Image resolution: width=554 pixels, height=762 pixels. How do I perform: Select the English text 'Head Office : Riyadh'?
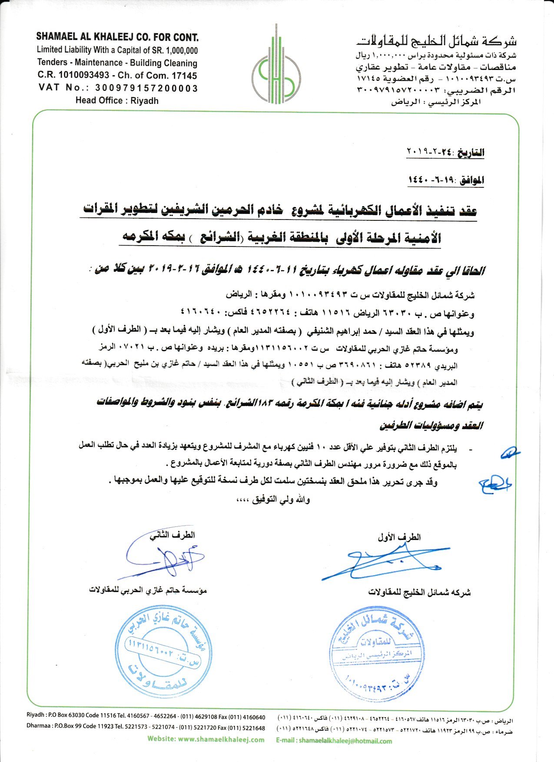tap(117, 101)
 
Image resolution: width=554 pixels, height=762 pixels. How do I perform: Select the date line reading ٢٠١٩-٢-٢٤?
tap(445, 153)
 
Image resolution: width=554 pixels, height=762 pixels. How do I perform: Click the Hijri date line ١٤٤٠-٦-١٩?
tap(446, 180)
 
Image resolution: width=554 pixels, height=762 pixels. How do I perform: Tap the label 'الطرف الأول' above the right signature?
tap(399, 537)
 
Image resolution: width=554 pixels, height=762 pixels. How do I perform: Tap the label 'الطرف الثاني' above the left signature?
tap(172, 535)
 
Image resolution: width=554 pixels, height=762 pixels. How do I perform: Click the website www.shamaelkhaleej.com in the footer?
tap(206, 739)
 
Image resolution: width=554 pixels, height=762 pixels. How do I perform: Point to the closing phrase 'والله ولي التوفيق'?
tap(273, 499)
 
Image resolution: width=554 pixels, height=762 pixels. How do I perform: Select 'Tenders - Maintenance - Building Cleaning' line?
tap(117, 63)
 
